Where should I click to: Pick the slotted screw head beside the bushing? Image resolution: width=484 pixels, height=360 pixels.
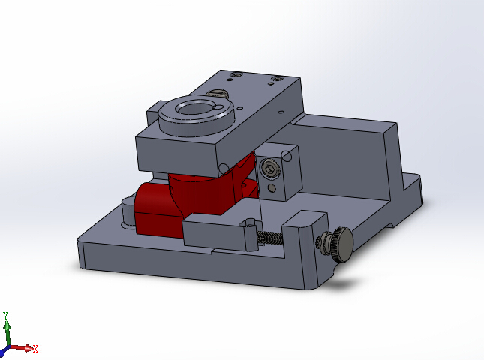click(x=218, y=94)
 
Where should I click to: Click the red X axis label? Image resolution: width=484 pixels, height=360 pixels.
click(x=35, y=349)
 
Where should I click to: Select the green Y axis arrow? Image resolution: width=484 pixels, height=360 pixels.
click(x=7, y=331)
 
